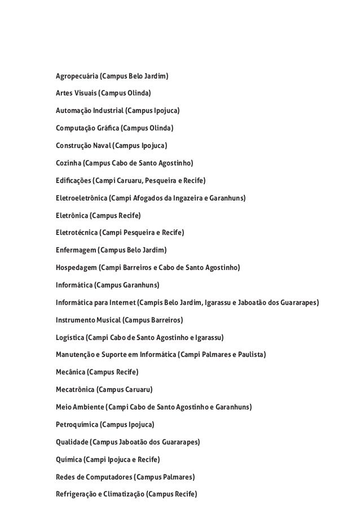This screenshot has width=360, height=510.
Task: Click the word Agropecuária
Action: pyautogui.click(x=76, y=76)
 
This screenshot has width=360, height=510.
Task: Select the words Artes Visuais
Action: pyautogui.click(x=76, y=93)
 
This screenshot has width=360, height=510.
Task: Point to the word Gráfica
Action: pyautogui.click(x=107, y=128)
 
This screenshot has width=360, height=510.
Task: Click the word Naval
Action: pyautogui.click(x=99, y=146)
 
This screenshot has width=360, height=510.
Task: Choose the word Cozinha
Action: pyautogui.click(x=68, y=163)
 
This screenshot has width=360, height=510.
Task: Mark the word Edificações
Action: pyautogui.click(x=73, y=181)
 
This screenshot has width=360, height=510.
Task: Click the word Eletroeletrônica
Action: pyautogui.click(x=81, y=198)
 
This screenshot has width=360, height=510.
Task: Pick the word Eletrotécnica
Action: pyautogui.click(x=77, y=233)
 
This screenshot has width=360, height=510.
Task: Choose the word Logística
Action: pyautogui.click(x=69, y=338)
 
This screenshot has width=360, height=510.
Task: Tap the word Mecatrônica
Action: pyautogui.click(x=75, y=390)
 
